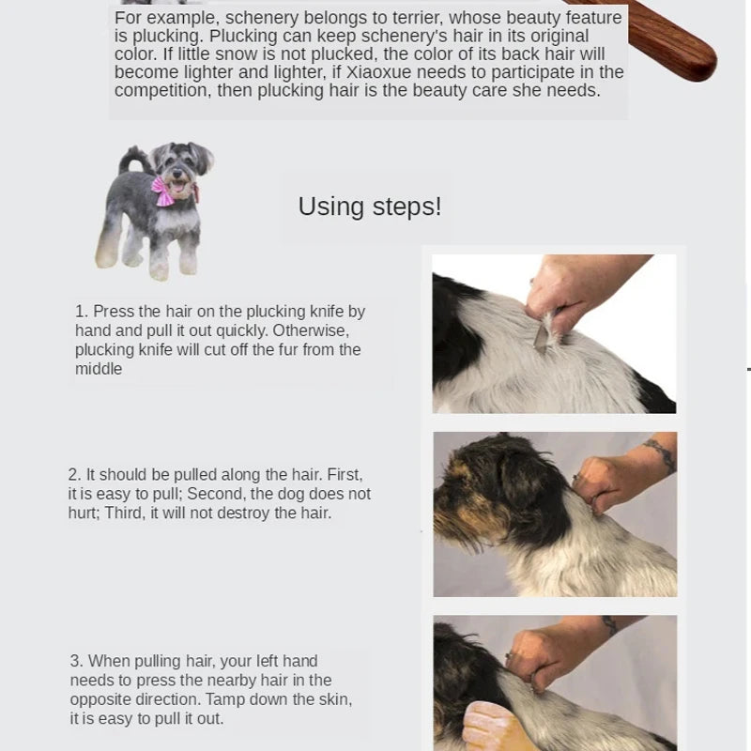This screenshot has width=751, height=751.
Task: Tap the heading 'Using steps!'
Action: (x=369, y=207)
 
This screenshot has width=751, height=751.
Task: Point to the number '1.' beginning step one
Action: (x=82, y=311)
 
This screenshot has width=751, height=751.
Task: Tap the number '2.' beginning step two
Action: (x=75, y=474)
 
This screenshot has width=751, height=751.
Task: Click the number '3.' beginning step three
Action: (x=77, y=661)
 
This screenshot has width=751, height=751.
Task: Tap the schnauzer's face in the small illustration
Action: (x=175, y=166)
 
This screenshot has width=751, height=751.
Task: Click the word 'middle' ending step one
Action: (x=99, y=369)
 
